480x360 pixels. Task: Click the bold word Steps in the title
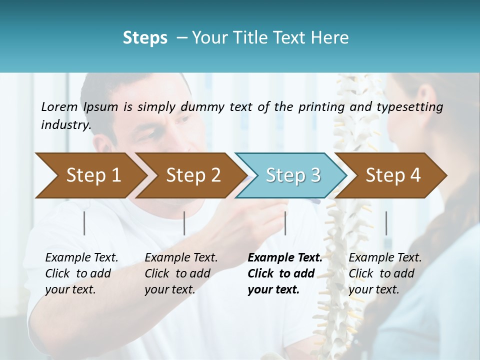click(x=145, y=38)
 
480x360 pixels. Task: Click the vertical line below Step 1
click(x=84, y=223)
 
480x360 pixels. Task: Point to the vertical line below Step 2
click(x=184, y=223)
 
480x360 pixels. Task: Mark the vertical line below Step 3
click(x=285, y=223)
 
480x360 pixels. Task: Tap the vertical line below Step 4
click(x=386, y=223)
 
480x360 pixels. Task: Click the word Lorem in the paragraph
click(x=59, y=107)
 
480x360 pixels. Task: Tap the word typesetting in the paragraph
click(x=409, y=107)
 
